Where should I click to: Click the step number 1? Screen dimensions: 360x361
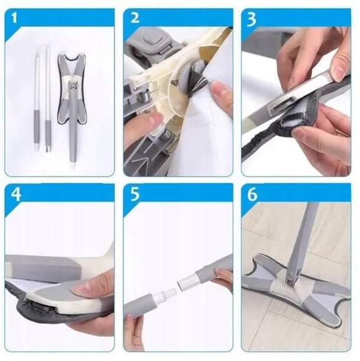14,18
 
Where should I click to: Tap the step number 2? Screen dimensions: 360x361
135,18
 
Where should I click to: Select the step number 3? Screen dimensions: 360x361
251,20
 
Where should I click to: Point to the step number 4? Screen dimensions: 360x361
16,194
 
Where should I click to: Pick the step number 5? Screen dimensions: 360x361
135,194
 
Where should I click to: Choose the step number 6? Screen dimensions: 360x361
252,194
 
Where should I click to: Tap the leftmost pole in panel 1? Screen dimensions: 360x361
37,102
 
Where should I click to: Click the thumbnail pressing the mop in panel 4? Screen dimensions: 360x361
82,289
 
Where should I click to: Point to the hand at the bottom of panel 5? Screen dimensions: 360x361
134,331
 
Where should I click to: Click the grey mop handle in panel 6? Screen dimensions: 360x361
302,237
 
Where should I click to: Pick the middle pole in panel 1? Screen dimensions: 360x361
48,99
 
